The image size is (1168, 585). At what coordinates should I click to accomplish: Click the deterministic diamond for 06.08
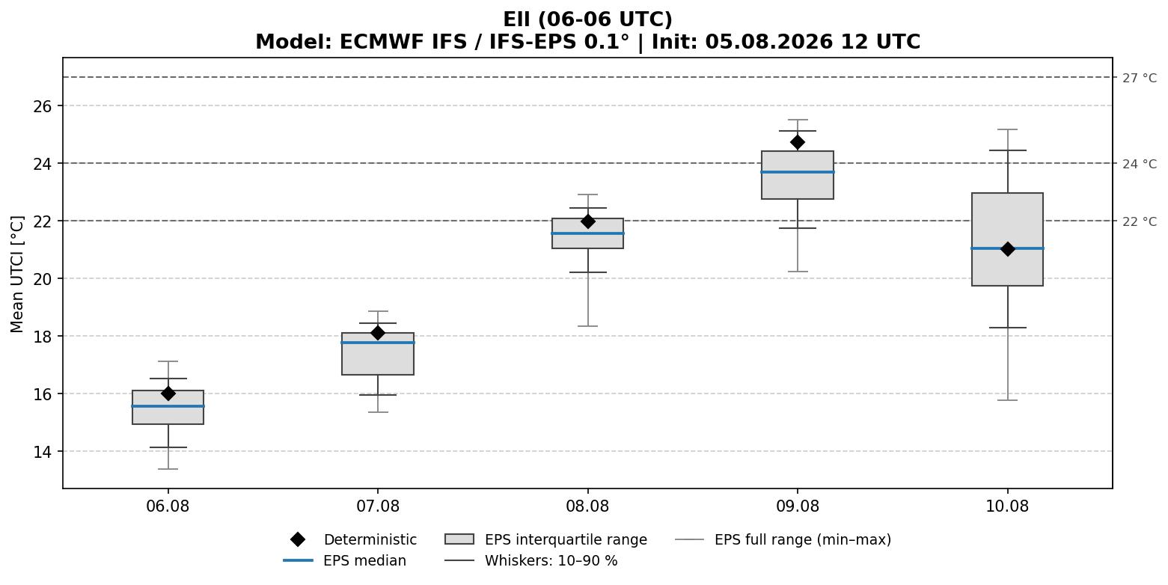(x=168, y=393)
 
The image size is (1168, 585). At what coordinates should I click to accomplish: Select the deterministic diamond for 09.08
(x=798, y=142)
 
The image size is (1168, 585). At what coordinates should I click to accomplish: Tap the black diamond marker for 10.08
(x=1007, y=248)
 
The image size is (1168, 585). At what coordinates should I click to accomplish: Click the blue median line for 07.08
(x=378, y=343)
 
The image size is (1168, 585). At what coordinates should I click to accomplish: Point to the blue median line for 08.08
(x=587, y=233)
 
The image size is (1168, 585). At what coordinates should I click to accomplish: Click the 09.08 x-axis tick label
(x=798, y=506)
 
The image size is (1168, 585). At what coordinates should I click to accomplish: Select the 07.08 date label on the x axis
(x=378, y=506)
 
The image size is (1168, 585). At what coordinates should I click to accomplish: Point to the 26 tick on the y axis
(x=43, y=106)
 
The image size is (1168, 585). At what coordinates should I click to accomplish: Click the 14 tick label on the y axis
(x=43, y=452)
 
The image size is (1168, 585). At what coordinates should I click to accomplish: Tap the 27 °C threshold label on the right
(x=1140, y=78)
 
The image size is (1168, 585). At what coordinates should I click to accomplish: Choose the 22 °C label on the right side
(x=1140, y=221)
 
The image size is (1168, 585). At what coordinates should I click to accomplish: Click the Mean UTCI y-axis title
(x=16, y=275)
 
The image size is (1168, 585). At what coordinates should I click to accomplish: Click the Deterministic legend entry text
(x=370, y=539)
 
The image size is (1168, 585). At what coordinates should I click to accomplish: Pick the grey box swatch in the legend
(x=459, y=539)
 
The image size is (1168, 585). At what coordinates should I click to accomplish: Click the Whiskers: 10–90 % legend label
(x=551, y=560)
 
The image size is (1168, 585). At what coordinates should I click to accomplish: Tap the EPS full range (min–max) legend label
(x=803, y=539)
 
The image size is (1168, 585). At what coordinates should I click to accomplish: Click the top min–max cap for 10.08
(x=1007, y=129)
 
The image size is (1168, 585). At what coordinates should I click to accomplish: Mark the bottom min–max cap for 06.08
(x=168, y=469)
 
